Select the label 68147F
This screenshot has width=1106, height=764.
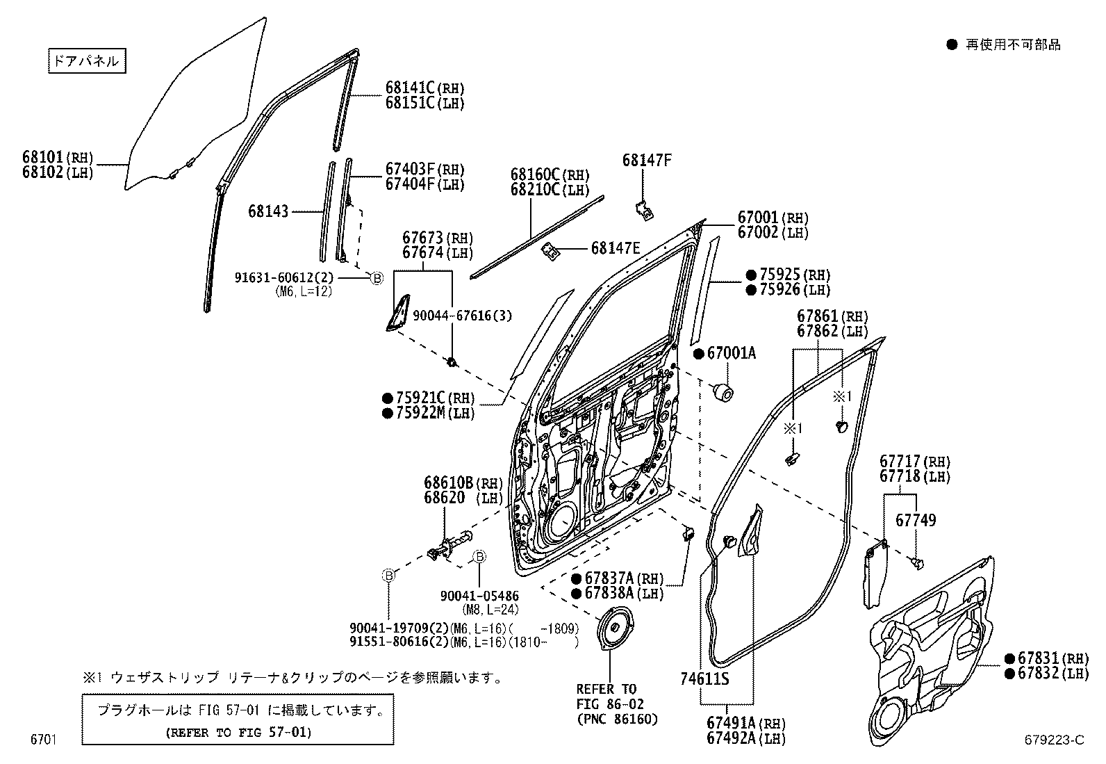click(647, 161)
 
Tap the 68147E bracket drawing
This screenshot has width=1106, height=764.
click(552, 251)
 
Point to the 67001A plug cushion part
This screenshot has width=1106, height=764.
click(725, 391)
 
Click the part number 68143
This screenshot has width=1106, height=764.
click(267, 211)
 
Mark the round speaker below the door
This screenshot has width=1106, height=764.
click(615, 628)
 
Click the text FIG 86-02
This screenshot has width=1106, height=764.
click(606, 704)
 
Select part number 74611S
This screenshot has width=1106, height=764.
click(704, 678)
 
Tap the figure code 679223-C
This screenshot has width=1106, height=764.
click(1053, 740)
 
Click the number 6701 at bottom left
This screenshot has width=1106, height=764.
click(42, 740)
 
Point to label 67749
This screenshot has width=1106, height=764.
click(915, 520)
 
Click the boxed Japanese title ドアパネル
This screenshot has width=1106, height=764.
click(86, 62)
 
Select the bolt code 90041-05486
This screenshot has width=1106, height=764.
click(479, 596)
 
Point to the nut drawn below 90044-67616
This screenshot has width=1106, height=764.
click(452, 361)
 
